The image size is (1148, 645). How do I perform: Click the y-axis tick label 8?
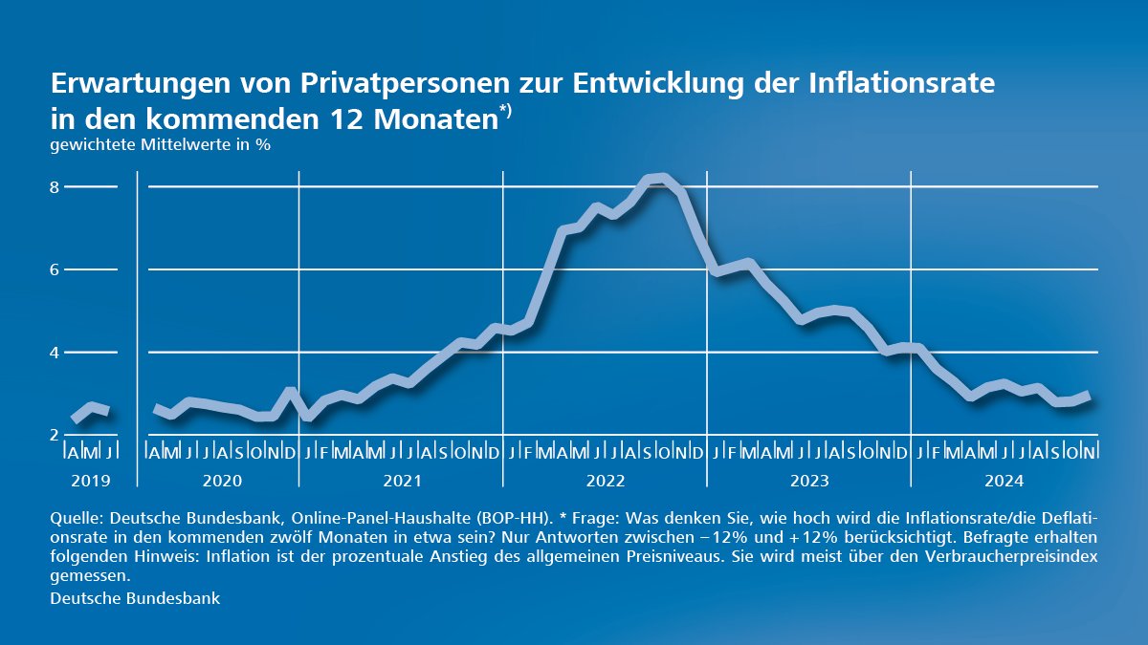click(55, 187)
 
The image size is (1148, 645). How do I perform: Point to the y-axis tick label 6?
click(55, 270)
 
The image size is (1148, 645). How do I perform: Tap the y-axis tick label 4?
click(55, 353)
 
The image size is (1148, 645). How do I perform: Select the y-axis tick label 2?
click(55, 435)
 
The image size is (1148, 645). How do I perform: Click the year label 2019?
click(91, 481)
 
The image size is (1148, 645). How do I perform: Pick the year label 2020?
click(221, 481)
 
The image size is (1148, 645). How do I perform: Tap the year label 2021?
click(402, 481)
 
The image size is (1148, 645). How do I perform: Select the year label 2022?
click(604, 481)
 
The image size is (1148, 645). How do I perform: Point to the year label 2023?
click(808, 481)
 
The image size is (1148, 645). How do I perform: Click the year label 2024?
click(1004, 481)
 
